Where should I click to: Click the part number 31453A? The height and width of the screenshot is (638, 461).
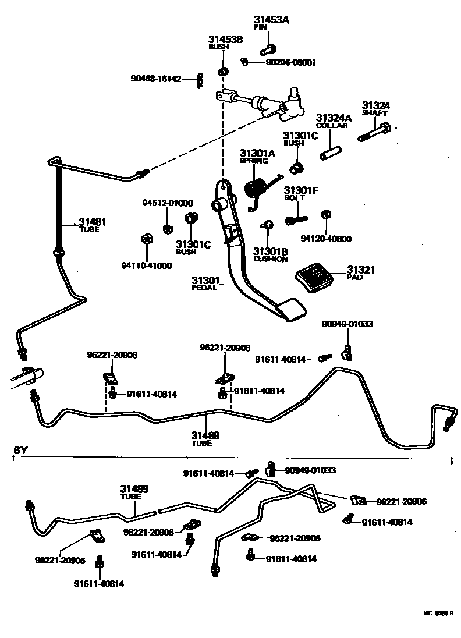(271, 20)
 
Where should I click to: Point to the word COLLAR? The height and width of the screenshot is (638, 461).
(332, 125)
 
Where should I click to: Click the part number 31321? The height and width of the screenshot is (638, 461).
(361, 270)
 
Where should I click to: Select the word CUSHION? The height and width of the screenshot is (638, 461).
(271, 260)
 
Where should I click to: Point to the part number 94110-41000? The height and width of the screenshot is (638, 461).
(147, 265)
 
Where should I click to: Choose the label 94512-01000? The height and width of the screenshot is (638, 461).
(168, 203)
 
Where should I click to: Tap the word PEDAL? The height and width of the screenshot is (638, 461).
(204, 288)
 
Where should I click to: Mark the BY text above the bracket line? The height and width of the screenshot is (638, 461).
(20, 451)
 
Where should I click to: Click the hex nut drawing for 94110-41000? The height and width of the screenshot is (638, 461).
(146, 239)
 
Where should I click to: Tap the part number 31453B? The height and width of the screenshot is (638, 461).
(225, 40)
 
